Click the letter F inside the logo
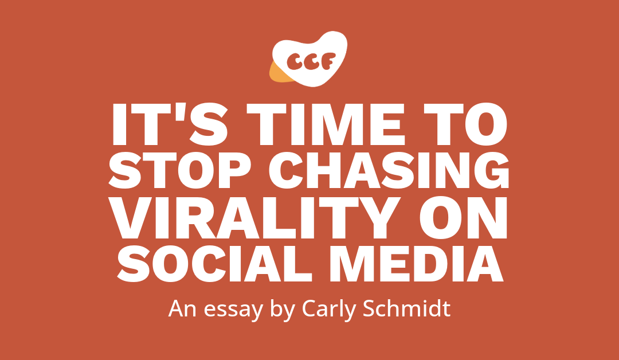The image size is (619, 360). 334,60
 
